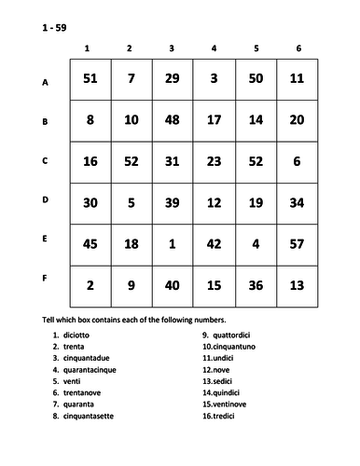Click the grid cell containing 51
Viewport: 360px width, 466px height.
tap(90, 79)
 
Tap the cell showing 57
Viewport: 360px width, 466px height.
tap(297, 244)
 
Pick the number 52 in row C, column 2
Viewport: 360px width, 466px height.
tap(132, 160)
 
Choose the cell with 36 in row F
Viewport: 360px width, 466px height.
tap(256, 285)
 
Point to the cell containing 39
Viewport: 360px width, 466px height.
tap(173, 202)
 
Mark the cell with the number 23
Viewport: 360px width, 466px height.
tap(215, 160)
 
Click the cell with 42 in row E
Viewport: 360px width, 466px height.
tap(215, 244)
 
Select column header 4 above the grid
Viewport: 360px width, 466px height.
tap(215, 48)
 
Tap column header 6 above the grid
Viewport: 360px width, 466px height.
tap(297, 48)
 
